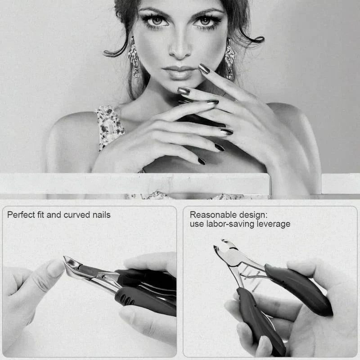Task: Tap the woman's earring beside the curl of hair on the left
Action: click(x=134, y=58)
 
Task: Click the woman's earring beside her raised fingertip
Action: click(x=229, y=60)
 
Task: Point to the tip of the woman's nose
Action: click(x=180, y=54)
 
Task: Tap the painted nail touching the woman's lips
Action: click(x=204, y=69)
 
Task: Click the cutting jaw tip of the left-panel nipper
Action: click(x=65, y=257)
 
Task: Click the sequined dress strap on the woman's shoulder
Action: click(x=109, y=126)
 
